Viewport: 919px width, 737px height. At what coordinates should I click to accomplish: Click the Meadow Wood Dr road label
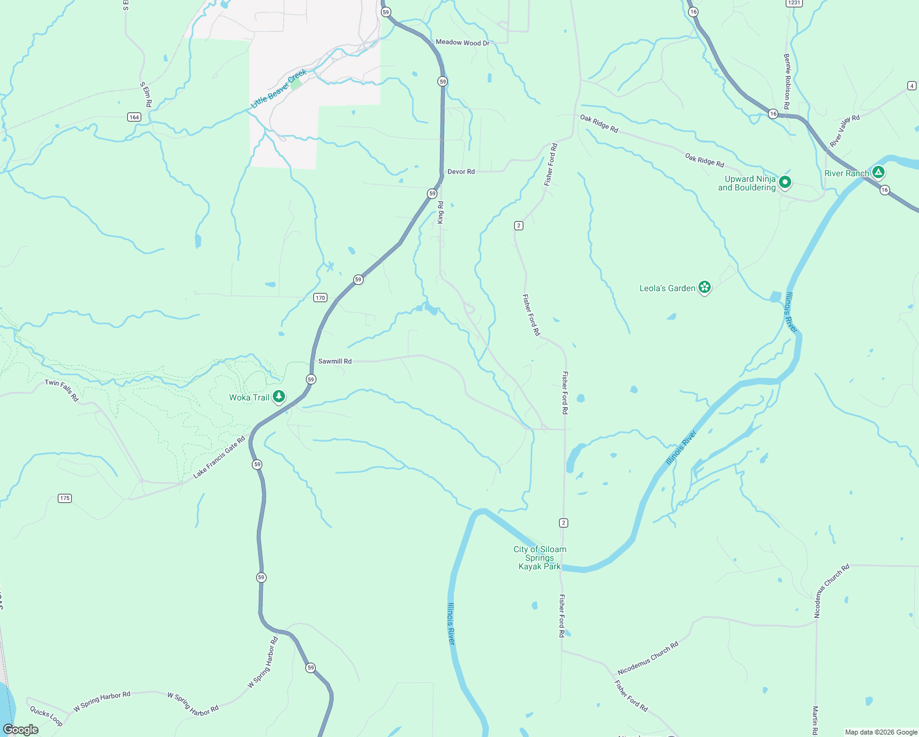point(462,43)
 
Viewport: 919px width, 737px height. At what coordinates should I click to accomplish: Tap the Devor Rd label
point(461,172)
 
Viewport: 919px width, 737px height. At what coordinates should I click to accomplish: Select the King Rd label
point(440,213)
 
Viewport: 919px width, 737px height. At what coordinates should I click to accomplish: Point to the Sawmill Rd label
point(335,361)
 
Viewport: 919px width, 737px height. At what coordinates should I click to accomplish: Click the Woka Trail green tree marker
point(279,397)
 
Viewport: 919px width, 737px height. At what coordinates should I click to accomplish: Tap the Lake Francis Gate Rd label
point(219,457)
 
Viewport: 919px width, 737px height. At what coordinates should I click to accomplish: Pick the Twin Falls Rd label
point(62,391)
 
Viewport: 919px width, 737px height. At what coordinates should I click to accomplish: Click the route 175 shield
point(65,498)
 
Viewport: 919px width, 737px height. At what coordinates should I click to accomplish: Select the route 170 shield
point(320,298)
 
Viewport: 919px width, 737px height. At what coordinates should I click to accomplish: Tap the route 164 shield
point(135,117)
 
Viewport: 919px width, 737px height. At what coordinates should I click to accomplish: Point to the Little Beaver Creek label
point(279,89)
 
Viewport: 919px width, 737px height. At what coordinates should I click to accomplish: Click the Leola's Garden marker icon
point(705,287)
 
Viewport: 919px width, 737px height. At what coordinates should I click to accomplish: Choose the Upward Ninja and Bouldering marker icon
point(784,182)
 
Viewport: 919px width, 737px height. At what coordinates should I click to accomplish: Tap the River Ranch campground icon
point(879,173)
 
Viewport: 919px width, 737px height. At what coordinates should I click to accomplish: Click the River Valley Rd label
point(845,131)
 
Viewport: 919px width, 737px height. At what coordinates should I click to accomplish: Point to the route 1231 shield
point(794,3)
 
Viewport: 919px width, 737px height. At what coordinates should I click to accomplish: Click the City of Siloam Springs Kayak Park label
point(540,558)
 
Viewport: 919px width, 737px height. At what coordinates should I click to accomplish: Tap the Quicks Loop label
point(46,717)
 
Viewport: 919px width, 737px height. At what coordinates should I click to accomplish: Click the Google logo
point(21,729)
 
